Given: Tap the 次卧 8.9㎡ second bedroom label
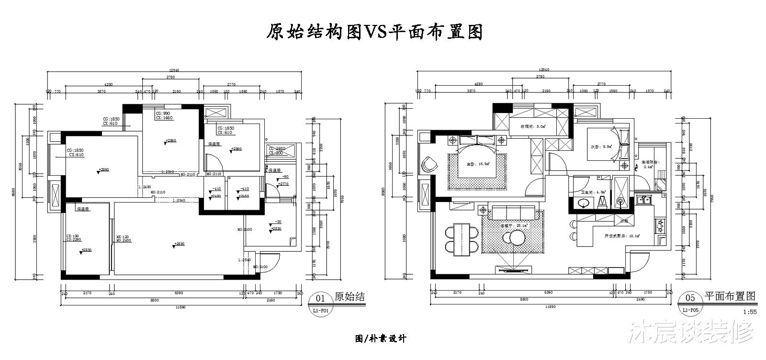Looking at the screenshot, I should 598,147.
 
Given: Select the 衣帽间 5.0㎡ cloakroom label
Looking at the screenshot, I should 533,126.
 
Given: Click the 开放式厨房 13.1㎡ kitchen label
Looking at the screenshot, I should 622,236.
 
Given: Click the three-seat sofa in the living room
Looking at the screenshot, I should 514,211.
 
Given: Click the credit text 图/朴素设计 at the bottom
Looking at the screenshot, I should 381,339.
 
